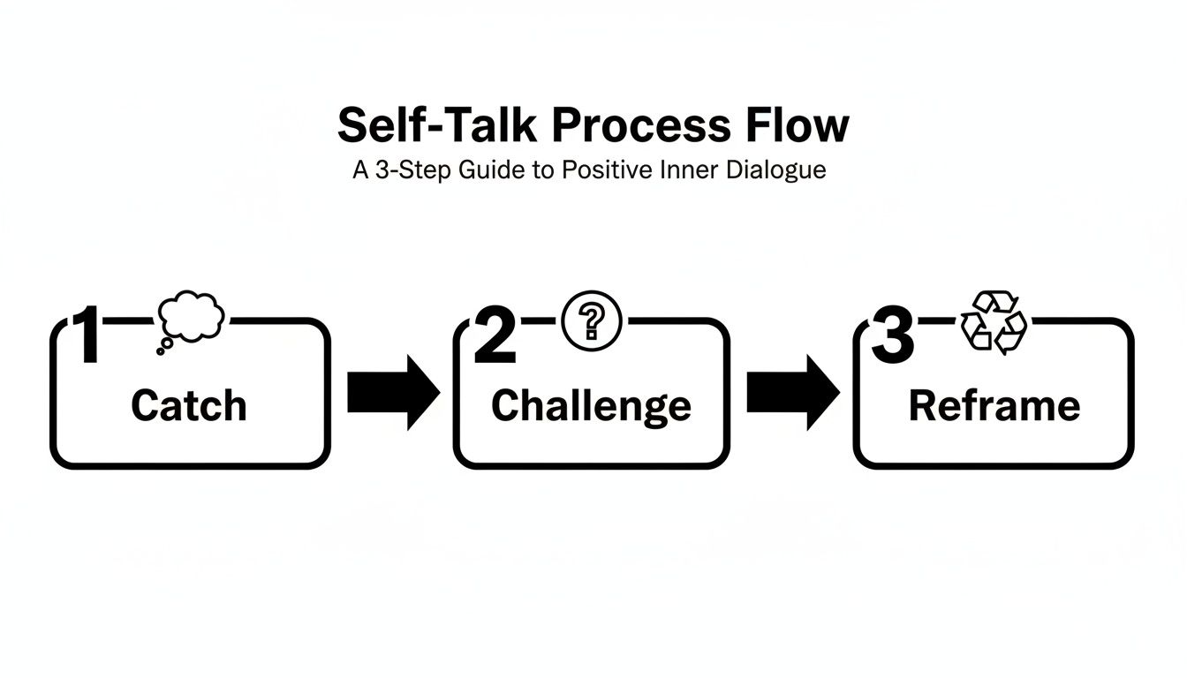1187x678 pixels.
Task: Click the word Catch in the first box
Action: pyautogui.click(x=188, y=406)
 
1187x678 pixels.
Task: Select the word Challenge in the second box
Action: pyautogui.click(x=591, y=406)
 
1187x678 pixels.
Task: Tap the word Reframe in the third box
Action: pyautogui.click(x=994, y=406)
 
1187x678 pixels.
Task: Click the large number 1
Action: pyautogui.click(x=88, y=335)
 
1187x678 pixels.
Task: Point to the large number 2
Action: pyautogui.click(x=495, y=337)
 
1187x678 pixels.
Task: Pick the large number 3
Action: pyautogui.click(x=893, y=337)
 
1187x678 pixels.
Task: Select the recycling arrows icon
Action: pyautogui.click(x=994, y=323)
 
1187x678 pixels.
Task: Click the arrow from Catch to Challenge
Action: pyautogui.click(x=392, y=393)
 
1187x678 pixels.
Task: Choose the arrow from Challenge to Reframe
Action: pyautogui.click(x=792, y=393)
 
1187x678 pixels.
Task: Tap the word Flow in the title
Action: pyautogui.click(x=795, y=126)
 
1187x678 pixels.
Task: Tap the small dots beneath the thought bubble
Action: pyautogui.click(x=163, y=347)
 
